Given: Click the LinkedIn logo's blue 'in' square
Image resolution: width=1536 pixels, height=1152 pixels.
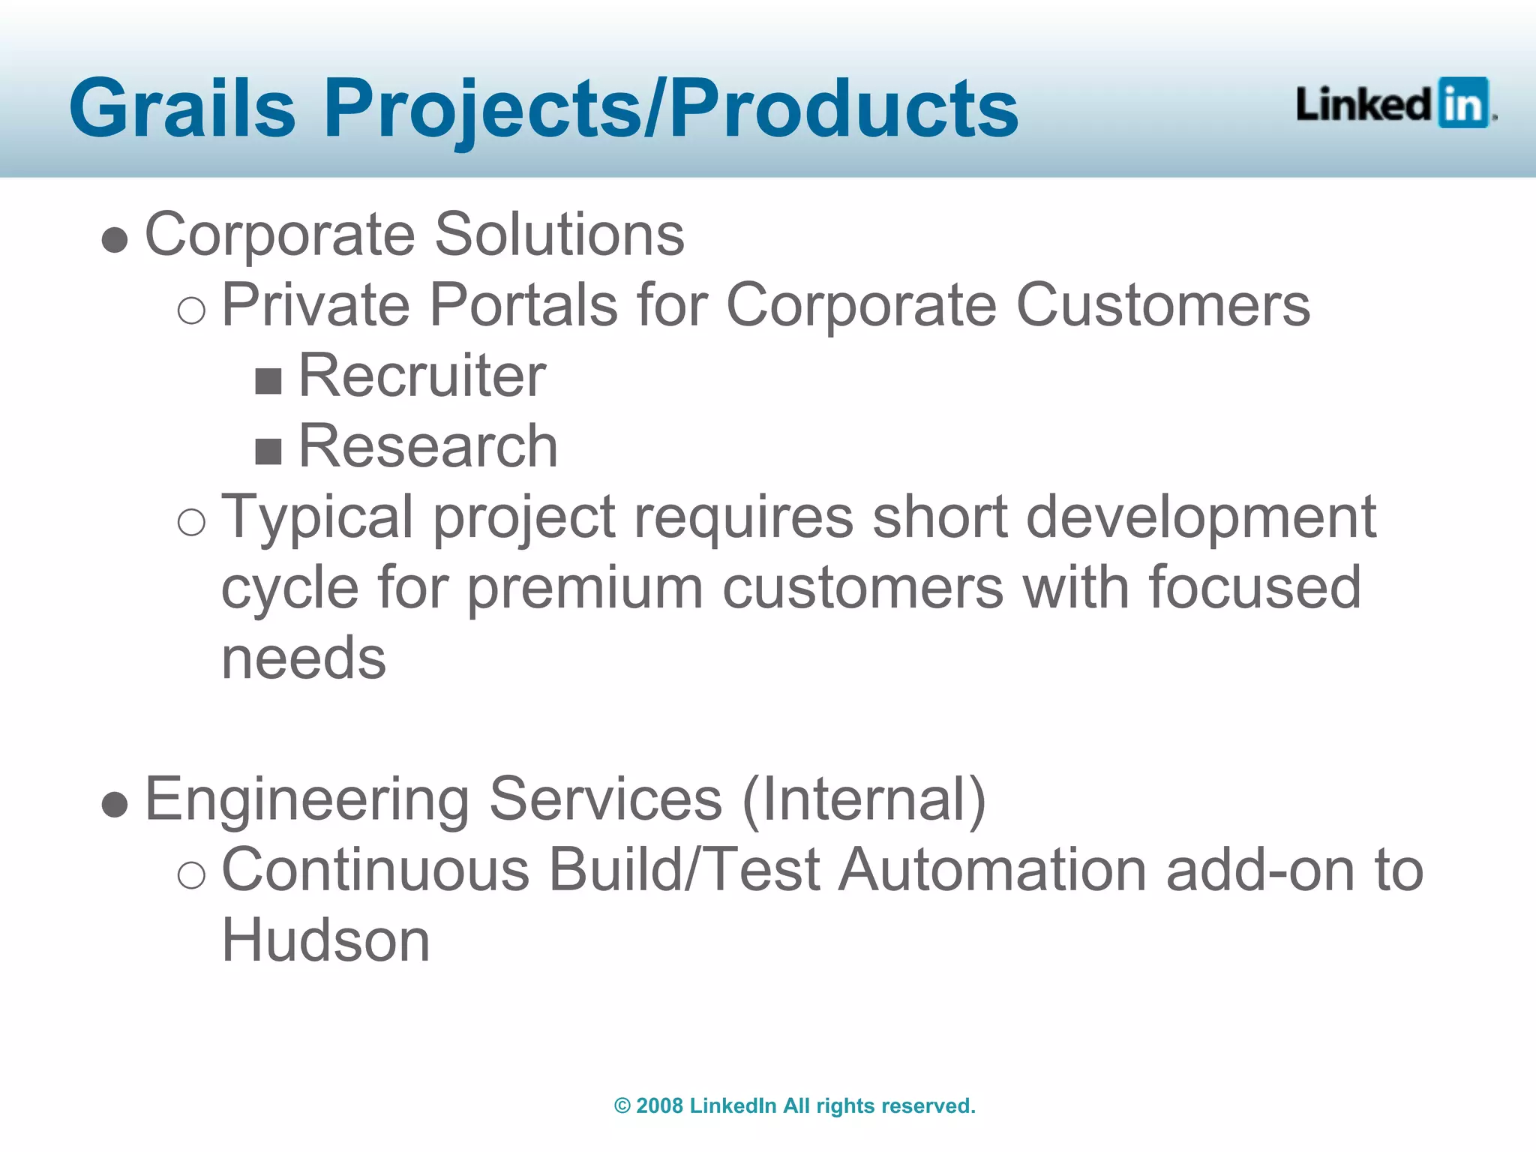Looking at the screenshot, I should (x=1463, y=103).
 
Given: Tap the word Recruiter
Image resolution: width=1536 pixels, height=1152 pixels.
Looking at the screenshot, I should (x=421, y=376).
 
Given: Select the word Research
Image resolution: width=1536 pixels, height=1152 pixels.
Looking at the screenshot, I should (x=427, y=446).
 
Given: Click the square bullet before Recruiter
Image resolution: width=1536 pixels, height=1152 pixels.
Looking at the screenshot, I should (x=268, y=381).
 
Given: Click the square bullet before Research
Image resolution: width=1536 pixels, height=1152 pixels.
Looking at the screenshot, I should (x=268, y=451).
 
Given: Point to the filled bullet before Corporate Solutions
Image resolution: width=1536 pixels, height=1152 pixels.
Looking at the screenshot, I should (x=115, y=240).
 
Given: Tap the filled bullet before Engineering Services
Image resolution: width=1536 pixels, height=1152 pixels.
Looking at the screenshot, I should (x=115, y=805).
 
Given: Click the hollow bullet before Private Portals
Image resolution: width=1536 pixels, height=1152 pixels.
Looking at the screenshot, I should (x=191, y=310).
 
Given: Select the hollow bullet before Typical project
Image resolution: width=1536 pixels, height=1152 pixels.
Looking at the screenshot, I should (x=191, y=521).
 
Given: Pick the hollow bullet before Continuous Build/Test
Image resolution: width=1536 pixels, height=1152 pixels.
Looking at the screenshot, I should (x=191, y=874).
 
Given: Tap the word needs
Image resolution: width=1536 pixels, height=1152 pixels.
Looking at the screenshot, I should (x=304, y=658).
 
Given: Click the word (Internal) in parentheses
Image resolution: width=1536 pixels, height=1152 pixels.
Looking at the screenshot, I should (x=863, y=799).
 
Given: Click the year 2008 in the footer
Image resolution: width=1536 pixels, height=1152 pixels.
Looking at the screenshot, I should (x=659, y=1105).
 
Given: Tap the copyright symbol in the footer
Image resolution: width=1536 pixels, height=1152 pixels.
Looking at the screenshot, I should (x=622, y=1105).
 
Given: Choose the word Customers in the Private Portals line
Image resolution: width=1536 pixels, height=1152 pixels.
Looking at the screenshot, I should (x=1162, y=305).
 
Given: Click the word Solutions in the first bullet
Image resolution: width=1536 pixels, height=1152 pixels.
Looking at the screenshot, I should (x=559, y=235).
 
